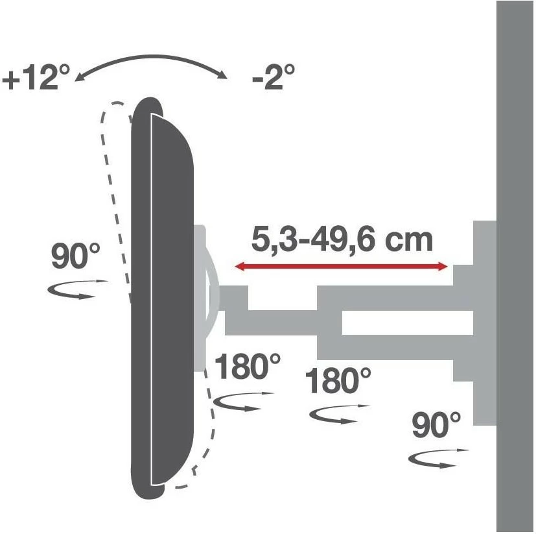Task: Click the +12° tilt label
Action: point(36,79)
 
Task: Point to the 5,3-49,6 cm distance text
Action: point(342,239)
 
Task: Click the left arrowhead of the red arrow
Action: point(239,266)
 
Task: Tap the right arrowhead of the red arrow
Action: point(443,266)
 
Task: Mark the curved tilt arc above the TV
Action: point(152,63)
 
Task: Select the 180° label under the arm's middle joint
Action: point(339,381)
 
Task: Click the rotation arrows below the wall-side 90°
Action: point(438,458)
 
